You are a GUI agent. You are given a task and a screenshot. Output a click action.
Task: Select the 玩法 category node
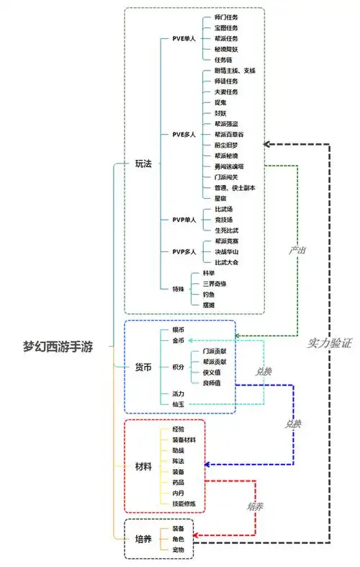pyautogui.click(x=144, y=164)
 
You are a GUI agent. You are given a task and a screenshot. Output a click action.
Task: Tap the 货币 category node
pyautogui.click(x=144, y=367)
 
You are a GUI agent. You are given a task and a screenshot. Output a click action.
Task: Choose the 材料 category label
pyautogui.click(x=144, y=466)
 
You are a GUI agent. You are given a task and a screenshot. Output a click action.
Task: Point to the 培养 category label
pyautogui.click(x=144, y=539)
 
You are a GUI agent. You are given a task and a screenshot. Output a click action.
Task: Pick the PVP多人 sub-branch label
pyautogui.click(x=184, y=251)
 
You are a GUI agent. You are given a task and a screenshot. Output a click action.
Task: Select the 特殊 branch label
pyautogui.click(x=178, y=289)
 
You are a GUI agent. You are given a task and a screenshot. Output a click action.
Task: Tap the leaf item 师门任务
pyautogui.click(x=226, y=17)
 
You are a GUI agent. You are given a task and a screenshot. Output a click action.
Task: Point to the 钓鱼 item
pyautogui.click(x=209, y=295)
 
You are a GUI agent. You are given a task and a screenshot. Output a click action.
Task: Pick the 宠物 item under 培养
pyautogui.click(x=178, y=550)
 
